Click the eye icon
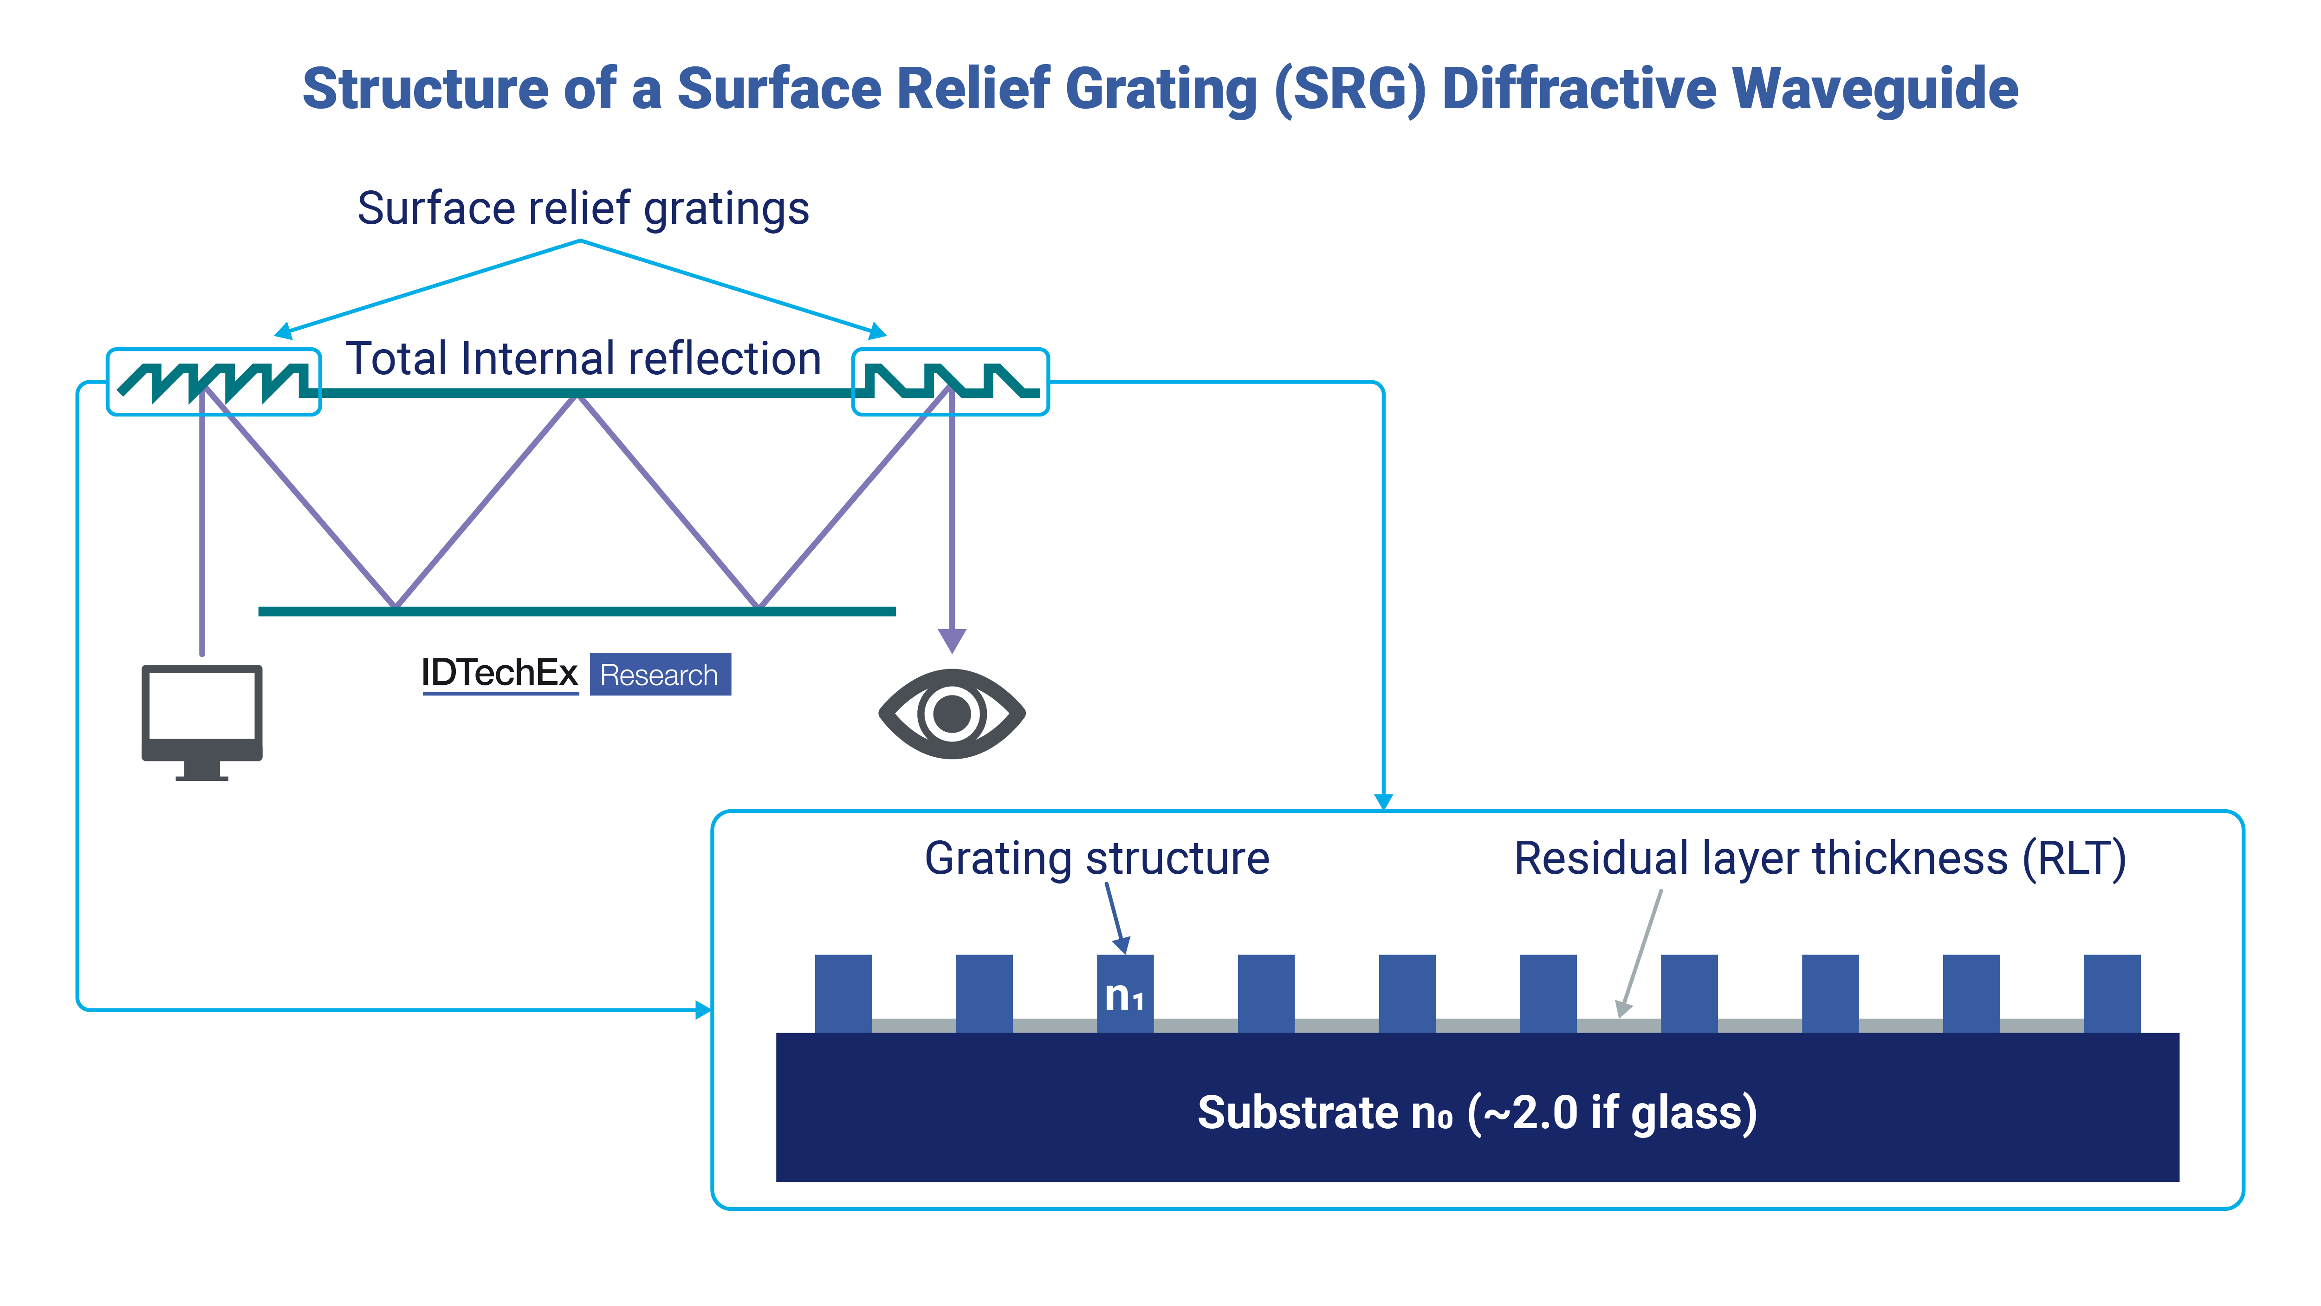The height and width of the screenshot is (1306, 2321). coord(952,714)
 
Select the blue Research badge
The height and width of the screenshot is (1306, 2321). coord(660,674)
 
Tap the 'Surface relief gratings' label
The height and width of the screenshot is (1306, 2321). coord(583,208)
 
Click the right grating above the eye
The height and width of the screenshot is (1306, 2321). coord(950,382)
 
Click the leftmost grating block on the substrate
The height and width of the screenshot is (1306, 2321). coord(843,993)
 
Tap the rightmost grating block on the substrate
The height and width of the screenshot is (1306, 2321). coord(2112,993)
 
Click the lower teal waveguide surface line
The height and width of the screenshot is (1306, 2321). coord(577,611)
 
